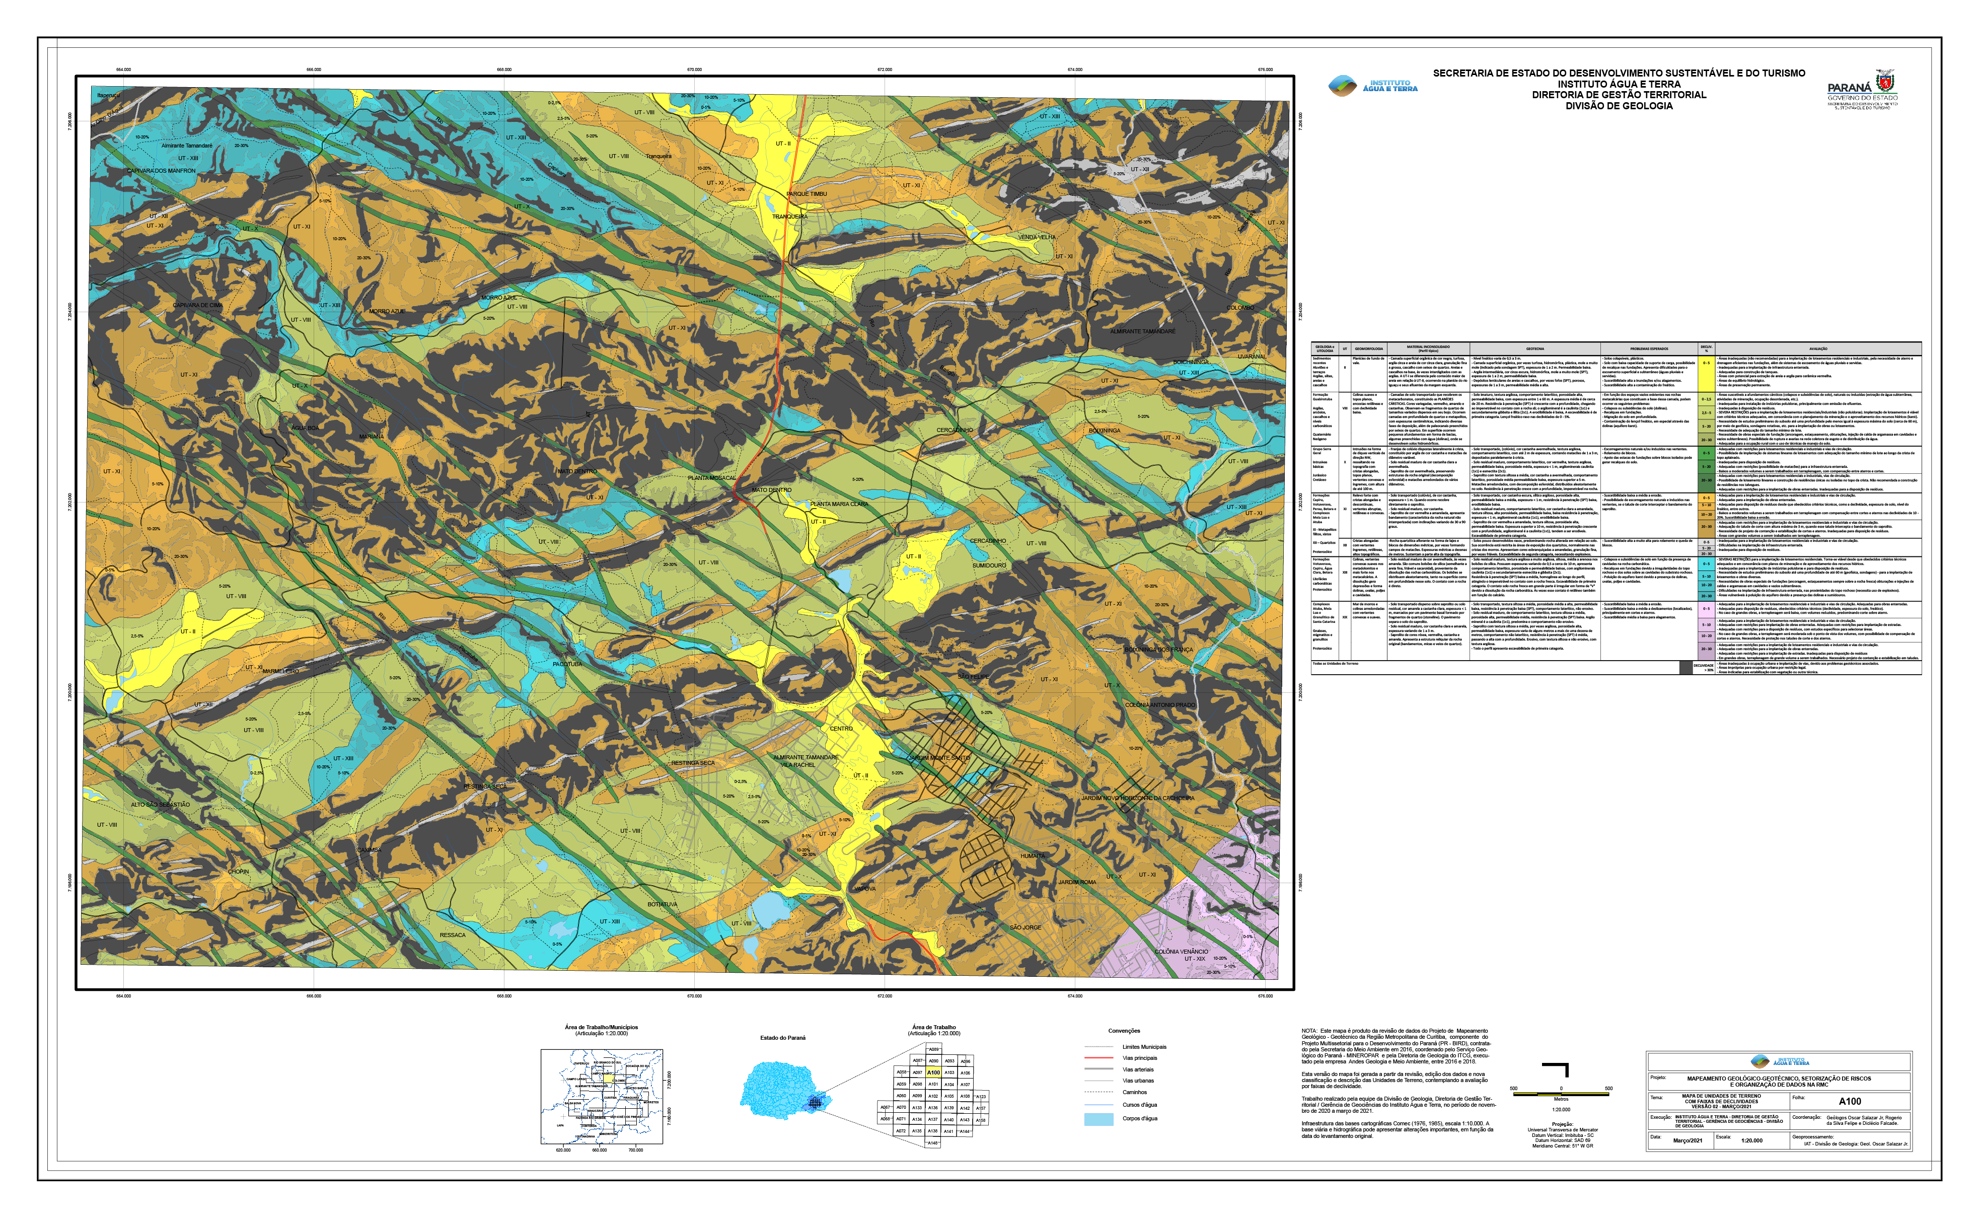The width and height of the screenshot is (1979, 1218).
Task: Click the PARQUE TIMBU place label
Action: [x=807, y=194]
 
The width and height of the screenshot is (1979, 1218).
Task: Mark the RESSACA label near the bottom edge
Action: [x=453, y=935]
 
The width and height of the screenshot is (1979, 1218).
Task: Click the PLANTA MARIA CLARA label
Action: [x=839, y=505]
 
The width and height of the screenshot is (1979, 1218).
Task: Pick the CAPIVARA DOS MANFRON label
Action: [x=161, y=171]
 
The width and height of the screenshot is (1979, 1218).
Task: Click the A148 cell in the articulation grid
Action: [x=933, y=1143]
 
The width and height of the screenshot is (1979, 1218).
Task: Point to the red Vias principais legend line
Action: [x=1097, y=1058]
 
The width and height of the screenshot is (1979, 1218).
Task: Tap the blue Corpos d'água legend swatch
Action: [x=1098, y=1119]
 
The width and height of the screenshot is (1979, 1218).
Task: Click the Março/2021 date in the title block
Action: [x=1688, y=1140]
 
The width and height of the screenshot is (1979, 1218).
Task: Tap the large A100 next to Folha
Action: [x=1849, y=1101]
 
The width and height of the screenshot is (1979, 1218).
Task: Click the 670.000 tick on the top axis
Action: [x=694, y=70]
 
